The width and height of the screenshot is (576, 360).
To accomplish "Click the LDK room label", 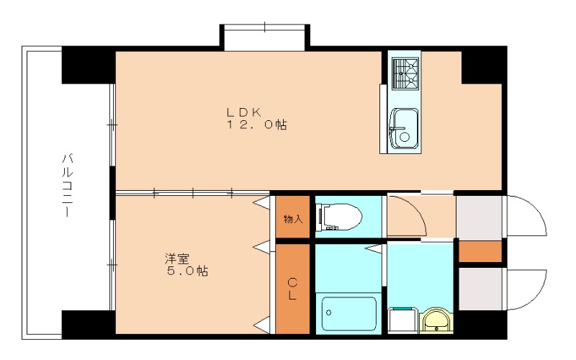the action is pyautogui.click(x=244, y=112).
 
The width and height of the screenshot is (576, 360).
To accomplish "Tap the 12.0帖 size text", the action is pyautogui.click(x=256, y=125).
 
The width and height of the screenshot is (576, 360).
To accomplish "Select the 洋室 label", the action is pyautogui.click(x=176, y=258).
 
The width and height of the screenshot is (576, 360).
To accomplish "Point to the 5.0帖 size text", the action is pyautogui.click(x=188, y=271).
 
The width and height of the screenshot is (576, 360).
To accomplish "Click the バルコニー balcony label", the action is pyautogui.click(x=67, y=185).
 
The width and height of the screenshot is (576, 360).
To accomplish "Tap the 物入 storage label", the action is pyautogui.click(x=293, y=220).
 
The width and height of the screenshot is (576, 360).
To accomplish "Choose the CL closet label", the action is pyautogui.click(x=292, y=289).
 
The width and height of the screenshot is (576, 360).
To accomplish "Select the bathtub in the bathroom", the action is pyautogui.click(x=348, y=314).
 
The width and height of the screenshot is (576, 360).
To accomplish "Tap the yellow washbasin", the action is pyautogui.click(x=436, y=321).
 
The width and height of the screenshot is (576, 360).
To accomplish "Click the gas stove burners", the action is pyautogui.click(x=405, y=73).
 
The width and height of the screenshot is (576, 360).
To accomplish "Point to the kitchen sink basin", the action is pyautogui.click(x=404, y=128).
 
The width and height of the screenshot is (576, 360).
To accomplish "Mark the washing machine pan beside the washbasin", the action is pyautogui.click(x=402, y=320).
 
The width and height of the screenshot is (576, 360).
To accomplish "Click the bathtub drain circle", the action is pyautogui.click(x=328, y=313).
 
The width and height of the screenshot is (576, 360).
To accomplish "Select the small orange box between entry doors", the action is pyautogui.click(x=480, y=251).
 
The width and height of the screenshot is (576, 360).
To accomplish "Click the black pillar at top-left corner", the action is pyautogui.click(x=88, y=65).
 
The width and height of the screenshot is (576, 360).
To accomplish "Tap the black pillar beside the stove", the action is pyautogui.click(x=484, y=66).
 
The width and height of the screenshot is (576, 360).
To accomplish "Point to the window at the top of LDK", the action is pyautogui.click(x=264, y=37).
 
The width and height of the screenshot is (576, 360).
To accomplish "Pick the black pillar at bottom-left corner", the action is pyautogui.click(x=88, y=325).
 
